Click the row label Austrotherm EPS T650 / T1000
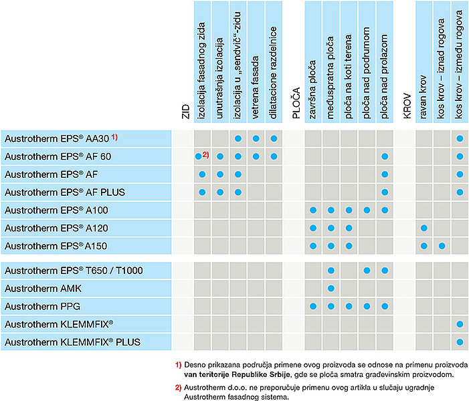[73, 270]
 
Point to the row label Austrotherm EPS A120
[51, 228]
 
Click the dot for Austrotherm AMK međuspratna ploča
[331, 288]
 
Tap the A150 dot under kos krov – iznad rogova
[442, 246]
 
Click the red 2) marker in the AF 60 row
[205, 156]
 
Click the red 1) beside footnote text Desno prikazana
[178, 365]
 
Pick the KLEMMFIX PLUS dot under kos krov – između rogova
[460, 342]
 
